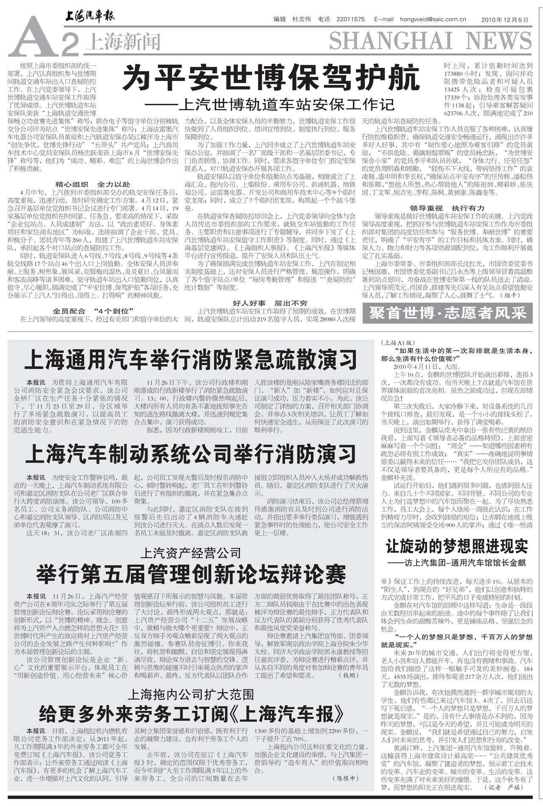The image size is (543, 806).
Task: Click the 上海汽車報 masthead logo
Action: pos(90,17)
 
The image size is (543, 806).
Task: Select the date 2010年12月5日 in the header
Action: pos(505,20)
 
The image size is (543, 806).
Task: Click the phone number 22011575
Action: pos(350,19)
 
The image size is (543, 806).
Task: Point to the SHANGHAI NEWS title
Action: pos(430,41)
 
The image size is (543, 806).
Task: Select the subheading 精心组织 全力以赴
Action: pos(93,185)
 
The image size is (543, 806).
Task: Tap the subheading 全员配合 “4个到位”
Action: pos(93,311)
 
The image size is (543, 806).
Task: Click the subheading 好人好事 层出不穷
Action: pos(270,303)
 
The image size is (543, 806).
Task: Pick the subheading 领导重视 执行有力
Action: pos(447,208)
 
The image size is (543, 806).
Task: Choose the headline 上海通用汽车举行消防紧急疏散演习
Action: pos(190,360)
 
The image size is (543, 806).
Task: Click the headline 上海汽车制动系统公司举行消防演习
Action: pos(190,454)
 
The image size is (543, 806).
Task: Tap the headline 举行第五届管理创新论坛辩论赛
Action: pos(190,575)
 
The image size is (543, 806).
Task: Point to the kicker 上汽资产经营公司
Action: pos(190,553)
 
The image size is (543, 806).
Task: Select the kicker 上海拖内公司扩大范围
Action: pos(190,694)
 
